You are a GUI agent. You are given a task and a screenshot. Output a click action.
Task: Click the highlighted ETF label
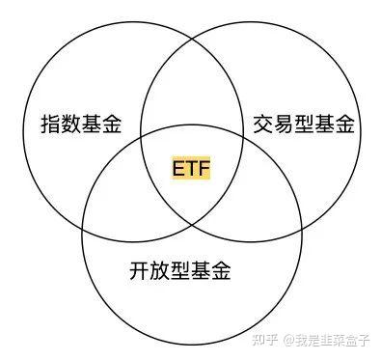191,168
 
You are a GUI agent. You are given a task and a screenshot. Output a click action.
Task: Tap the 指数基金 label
81,124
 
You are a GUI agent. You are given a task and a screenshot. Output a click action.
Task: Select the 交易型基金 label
304,125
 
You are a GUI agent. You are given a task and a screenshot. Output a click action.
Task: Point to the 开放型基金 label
180,270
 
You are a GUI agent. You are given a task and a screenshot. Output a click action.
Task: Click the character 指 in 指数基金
51,124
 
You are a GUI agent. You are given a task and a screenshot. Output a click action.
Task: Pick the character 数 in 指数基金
71,124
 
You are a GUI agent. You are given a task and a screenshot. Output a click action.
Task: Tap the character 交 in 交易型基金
263,125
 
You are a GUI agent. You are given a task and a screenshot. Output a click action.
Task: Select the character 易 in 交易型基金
284,125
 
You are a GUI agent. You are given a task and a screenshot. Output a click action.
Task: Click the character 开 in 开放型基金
140,270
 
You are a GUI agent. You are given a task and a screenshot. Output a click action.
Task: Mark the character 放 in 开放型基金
160,270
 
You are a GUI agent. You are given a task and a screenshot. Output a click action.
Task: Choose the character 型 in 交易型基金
304,125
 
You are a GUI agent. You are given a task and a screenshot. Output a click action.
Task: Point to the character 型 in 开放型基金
180,270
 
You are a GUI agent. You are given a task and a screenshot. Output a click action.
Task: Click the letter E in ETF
178,168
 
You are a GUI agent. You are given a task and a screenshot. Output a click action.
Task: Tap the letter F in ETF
204,168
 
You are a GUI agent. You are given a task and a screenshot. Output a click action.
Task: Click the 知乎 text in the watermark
264,340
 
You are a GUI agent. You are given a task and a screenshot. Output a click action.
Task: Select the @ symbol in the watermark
289,340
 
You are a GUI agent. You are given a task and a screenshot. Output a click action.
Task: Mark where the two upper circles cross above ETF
193,39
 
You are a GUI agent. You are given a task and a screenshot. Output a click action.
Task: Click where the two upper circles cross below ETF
193,225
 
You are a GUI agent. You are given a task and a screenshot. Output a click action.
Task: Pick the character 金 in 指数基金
112,124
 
